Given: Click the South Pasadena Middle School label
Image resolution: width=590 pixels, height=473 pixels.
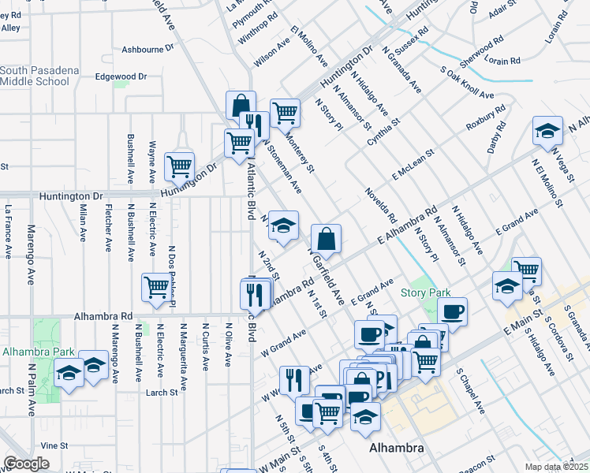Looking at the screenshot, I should pyautogui.click(x=39, y=76).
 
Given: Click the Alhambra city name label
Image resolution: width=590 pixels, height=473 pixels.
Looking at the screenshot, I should pyautogui.click(x=398, y=448).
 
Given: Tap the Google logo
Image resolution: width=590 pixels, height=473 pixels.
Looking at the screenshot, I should pyautogui.click(x=26, y=464).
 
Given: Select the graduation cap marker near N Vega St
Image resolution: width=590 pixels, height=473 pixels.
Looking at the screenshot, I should pyautogui.click(x=547, y=132).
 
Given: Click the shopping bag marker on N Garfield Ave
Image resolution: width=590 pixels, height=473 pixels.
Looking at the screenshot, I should pyautogui.click(x=326, y=238).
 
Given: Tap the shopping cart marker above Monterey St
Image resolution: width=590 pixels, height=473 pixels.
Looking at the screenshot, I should pyautogui.click(x=285, y=113).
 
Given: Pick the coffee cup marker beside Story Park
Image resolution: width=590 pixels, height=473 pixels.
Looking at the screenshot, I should pyautogui.click(x=452, y=311).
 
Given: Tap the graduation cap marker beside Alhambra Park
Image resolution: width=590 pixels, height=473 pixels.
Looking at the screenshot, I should pyautogui.click(x=69, y=374).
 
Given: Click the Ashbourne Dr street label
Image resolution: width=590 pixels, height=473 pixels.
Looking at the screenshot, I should pyautogui.click(x=147, y=49).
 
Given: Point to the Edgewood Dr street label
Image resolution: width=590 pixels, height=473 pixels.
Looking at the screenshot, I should pyautogui.click(x=121, y=76).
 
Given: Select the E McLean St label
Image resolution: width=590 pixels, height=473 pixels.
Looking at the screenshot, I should pyautogui.click(x=413, y=164).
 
